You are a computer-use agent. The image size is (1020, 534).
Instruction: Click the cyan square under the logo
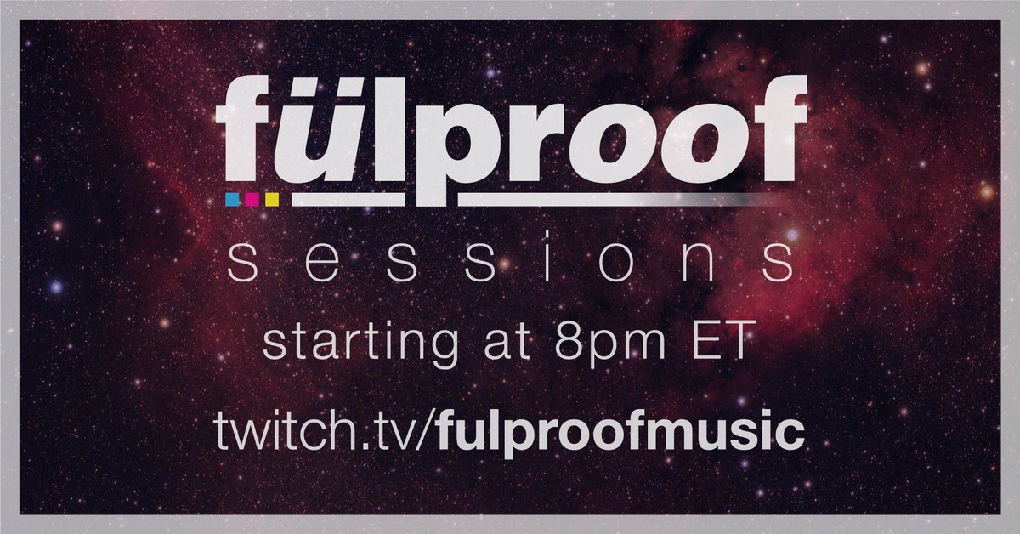(x=231, y=199)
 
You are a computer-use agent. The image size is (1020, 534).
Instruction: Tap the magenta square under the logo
(x=252, y=199)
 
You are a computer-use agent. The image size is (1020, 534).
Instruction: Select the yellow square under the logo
(x=272, y=199)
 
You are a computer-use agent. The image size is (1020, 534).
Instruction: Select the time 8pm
(x=622, y=344)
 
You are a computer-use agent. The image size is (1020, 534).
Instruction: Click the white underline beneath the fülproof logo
(x=527, y=199)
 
